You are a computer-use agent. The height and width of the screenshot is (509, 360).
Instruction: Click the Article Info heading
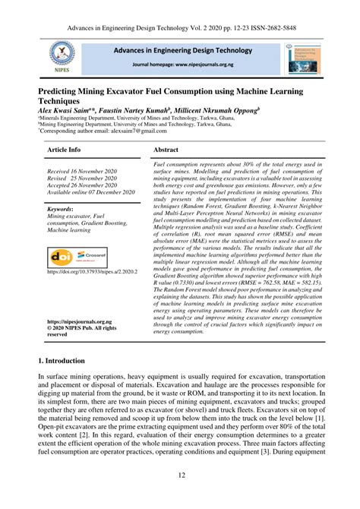click(x=64, y=150)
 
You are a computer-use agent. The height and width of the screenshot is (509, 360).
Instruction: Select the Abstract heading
click(x=166, y=150)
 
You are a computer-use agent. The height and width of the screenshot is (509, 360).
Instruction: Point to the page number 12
click(x=180, y=496)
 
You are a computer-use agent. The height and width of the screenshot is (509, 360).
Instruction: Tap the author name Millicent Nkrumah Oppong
click(x=220, y=110)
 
